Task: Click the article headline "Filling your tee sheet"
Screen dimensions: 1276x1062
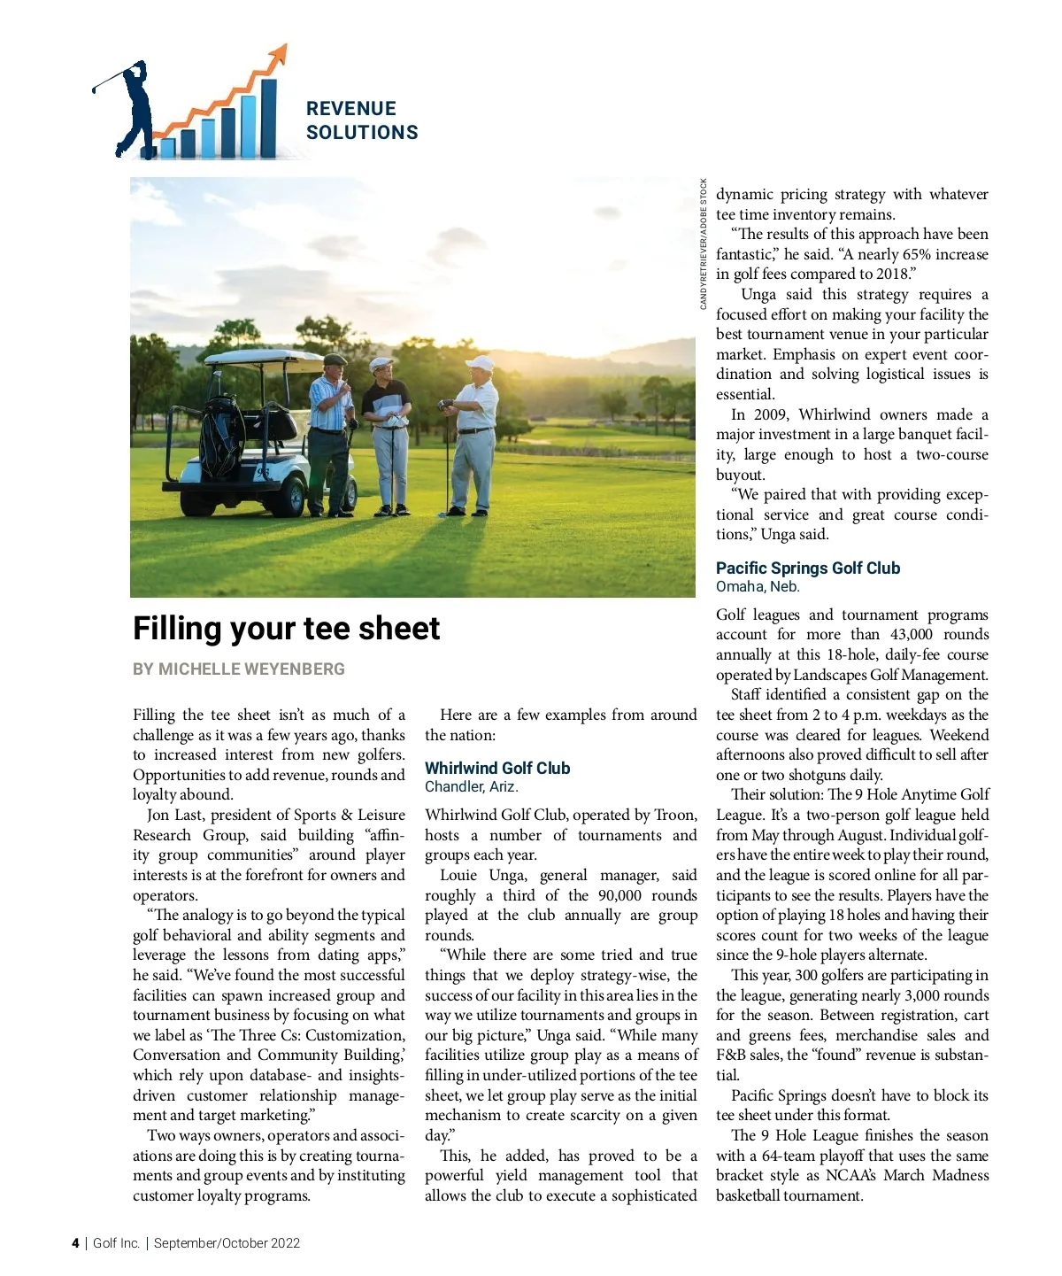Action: (286, 629)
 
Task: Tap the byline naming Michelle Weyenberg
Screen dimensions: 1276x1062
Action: (239, 669)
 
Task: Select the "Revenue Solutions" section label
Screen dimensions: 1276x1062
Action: (361, 120)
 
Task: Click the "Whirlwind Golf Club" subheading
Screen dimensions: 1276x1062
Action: (497, 768)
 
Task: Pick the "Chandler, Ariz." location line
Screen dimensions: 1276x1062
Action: (471, 786)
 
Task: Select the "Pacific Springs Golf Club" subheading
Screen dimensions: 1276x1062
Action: (807, 568)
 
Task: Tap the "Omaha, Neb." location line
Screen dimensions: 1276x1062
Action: (757, 586)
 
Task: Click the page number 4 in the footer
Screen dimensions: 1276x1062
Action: (75, 1243)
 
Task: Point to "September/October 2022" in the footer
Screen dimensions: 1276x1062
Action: (227, 1243)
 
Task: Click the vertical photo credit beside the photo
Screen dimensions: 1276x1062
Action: (704, 244)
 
